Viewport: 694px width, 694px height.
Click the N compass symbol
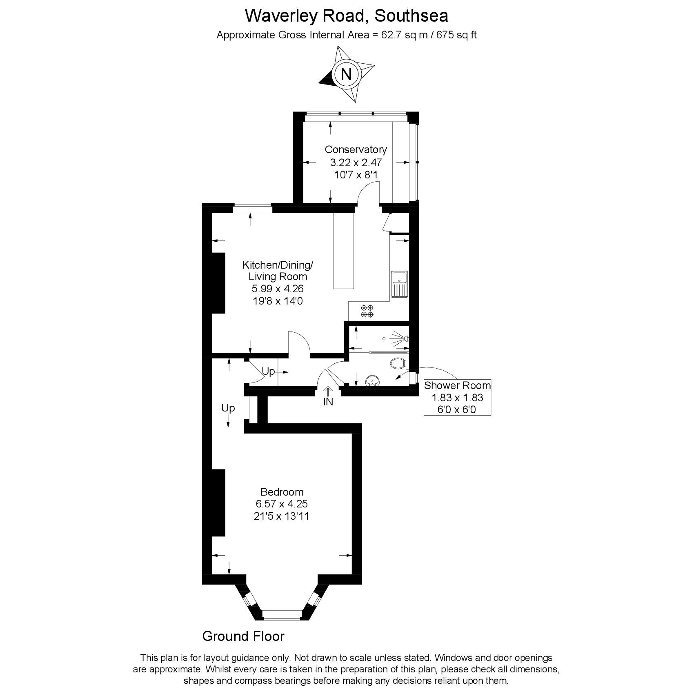click(x=346, y=74)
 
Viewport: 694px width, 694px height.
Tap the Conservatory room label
click(x=356, y=149)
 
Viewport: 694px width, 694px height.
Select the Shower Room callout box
click(x=457, y=397)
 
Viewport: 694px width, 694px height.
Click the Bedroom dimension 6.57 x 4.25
click(x=282, y=504)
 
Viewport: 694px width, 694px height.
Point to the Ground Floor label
click(x=243, y=636)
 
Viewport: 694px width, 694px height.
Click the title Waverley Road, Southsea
click(x=346, y=16)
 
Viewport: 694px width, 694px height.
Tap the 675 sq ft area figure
click(x=456, y=35)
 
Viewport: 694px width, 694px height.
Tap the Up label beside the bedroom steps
click(x=228, y=408)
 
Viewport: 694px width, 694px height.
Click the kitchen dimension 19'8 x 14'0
click(x=278, y=301)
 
